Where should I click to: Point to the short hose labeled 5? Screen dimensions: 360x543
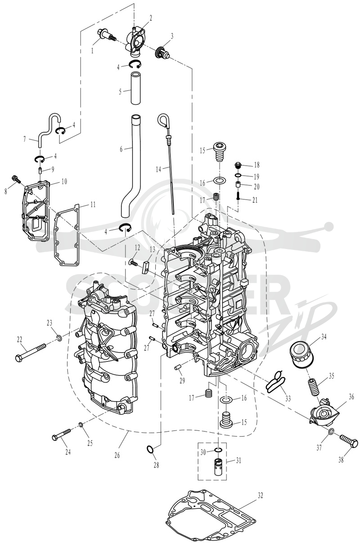click(136, 88)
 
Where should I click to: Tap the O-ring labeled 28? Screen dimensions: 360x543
click(150, 450)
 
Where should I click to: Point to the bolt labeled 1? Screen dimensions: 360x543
click(107, 36)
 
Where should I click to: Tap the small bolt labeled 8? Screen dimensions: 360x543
click(16, 180)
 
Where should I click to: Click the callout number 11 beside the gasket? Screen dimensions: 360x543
click(93, 204)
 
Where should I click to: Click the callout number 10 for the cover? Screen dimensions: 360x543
click(64, 181)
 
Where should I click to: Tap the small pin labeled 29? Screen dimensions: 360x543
click(178, 369)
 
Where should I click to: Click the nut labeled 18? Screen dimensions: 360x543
click(238, 166)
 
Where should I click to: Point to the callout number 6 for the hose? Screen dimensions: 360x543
click(121, 149)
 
